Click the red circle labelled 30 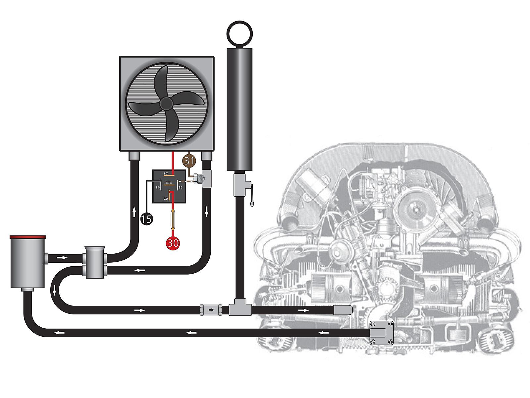coord(173,242)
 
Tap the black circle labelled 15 coord(146,219)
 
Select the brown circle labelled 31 coord(189,161)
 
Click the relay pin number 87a coord(169,183)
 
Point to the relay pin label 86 coord(158,187)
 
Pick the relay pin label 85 coord(181,187)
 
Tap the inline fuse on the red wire coord(173,220)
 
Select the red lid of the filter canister coord(27,237)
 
